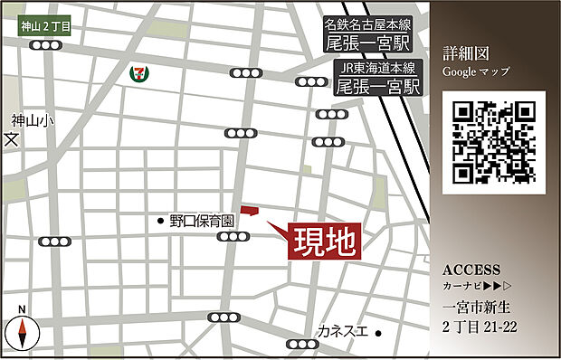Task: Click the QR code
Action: [x=494, y=142]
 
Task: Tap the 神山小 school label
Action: [x=26, y=118]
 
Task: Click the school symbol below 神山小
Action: [x=11, y=139]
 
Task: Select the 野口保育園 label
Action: [x=202, y=220]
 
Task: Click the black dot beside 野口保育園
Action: [x=161, y=220]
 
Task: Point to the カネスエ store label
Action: [x=342, y=332]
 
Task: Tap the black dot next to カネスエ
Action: [x=380, y=333]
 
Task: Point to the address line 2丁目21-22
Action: [x=480, y=327]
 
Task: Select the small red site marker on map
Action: [x=249, y=211]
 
